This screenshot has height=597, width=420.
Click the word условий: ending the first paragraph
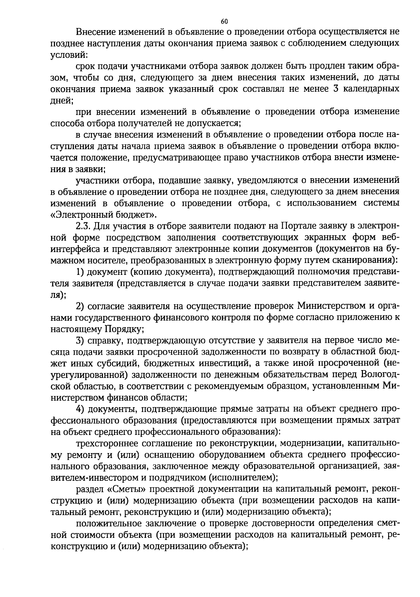pos(69,55)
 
